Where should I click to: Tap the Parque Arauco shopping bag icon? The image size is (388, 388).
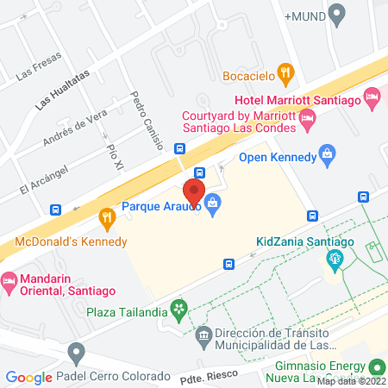[213, 205]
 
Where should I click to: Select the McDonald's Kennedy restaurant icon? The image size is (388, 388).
[107, 216]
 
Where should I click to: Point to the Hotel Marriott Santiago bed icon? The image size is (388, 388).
[371, 95]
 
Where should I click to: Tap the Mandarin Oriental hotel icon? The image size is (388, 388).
[9, 280]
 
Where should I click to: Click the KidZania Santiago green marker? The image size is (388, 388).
[335, 258]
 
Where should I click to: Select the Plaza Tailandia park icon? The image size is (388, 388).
[178, 307]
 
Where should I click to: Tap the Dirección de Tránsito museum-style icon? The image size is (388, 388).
[203, 334]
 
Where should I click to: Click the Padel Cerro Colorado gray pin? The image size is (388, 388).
[77, 352]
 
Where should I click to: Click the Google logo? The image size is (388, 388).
[28, 377]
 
